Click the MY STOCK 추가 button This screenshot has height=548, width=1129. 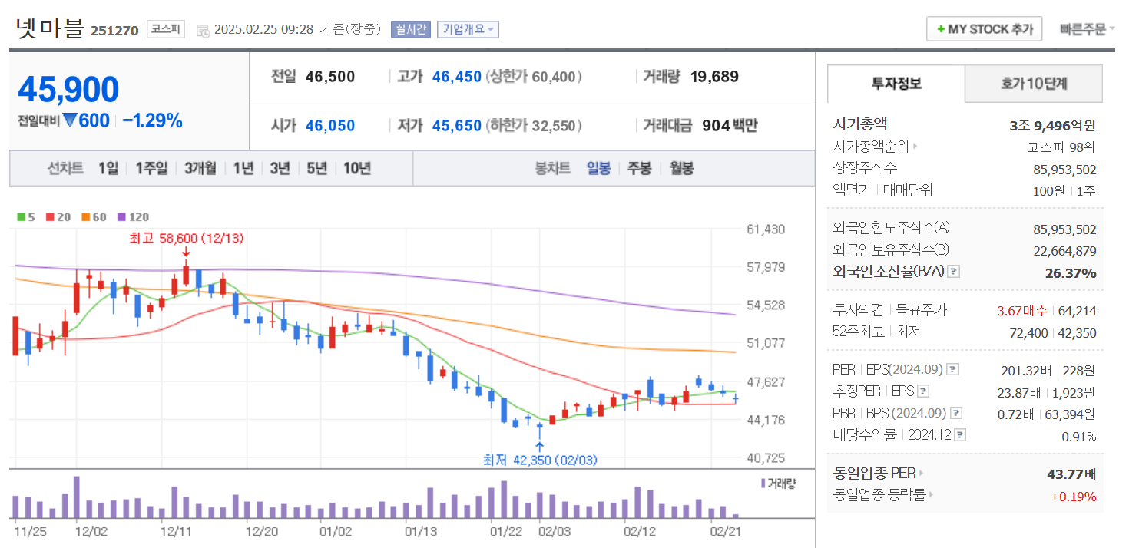pyautogui.click(x=984, y=29)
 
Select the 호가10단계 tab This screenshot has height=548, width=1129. pyautogui.click(x=1034, y=84)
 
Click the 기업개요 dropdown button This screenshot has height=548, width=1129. pyautogui.click(x=468, y=29)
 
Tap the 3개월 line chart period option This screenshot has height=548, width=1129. pyautogui.click(x=200, y=168)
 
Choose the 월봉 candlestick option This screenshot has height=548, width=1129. pyautogui.click(x=681, y=168)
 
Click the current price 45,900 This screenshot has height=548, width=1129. pyautogui.click(x=68, y=90)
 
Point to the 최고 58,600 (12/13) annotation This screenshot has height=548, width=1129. pyautogui.click(x=186, y=239)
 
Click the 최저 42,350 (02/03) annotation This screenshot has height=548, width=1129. pyautogui.click(x=539, y=460)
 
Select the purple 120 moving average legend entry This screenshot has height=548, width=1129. pyautogui.click(x=134, y=217)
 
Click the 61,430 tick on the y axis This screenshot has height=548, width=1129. pyautogui.click(x=766, y=229)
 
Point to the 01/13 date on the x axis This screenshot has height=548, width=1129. pyautogui.click(x=421, y=530)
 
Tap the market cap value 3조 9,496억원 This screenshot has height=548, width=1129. pyautogui.click(x=1052, y=126)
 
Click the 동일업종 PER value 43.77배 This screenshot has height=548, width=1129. pyautogui.click(x=1071, y=474)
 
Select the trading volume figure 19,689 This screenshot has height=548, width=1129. pyautogui.click(x=713, y=77)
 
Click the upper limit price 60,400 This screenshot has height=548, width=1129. pyautogui.click(x=553, y=77)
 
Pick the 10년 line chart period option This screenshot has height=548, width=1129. pyautogui.click(x=357, y=168)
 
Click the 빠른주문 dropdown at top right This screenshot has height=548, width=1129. pyautogui.click(x=1087, y=29)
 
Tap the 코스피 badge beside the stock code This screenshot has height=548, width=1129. pyautogui.click(x=165, y=29)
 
